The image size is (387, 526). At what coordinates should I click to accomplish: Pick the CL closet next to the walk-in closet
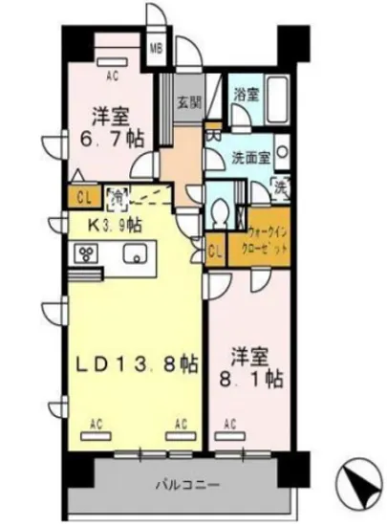coord(215,252)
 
